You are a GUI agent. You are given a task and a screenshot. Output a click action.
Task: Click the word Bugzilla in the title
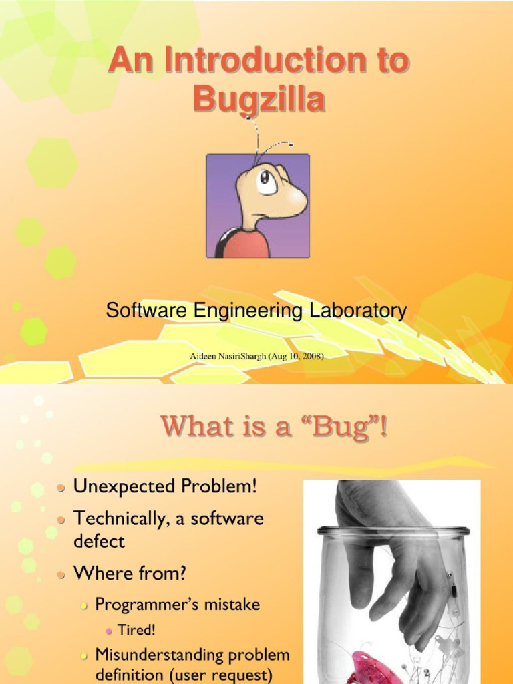259,98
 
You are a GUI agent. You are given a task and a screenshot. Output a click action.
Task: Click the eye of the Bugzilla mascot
267,180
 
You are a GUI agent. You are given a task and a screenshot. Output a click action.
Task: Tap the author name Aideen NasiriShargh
228,357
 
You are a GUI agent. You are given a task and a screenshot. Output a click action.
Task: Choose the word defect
99,541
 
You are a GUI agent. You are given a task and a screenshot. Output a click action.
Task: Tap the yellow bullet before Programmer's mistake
84,605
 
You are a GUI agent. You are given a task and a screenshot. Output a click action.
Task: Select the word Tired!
136,629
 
